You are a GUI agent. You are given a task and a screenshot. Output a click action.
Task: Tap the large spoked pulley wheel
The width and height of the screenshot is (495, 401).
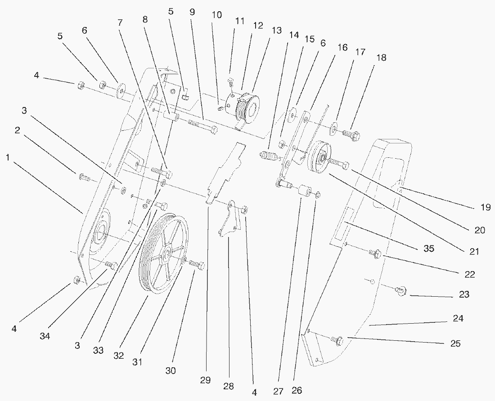click(162, 254)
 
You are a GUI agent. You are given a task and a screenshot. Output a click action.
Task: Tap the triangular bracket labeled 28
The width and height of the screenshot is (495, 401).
click(229, 223)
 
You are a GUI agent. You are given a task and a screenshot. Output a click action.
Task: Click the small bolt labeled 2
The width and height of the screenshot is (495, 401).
click(84, 178)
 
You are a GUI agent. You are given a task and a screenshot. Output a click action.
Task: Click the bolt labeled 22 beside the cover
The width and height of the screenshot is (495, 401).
click(375, 254)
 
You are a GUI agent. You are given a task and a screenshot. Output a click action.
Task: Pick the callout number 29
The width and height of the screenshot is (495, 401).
click(205, 380)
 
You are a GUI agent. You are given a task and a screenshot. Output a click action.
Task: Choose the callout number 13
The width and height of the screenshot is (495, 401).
click(276, 31)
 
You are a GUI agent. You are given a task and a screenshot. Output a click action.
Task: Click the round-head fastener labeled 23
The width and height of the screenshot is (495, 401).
click(400, 291)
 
